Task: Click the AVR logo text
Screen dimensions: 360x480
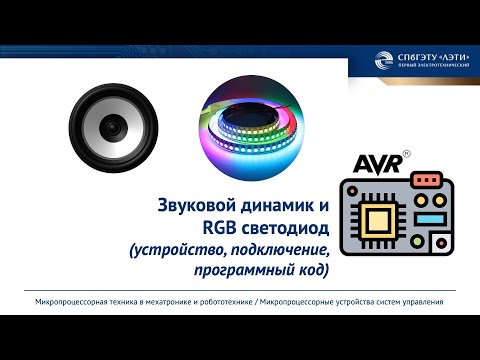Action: (x=379, y=163)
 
